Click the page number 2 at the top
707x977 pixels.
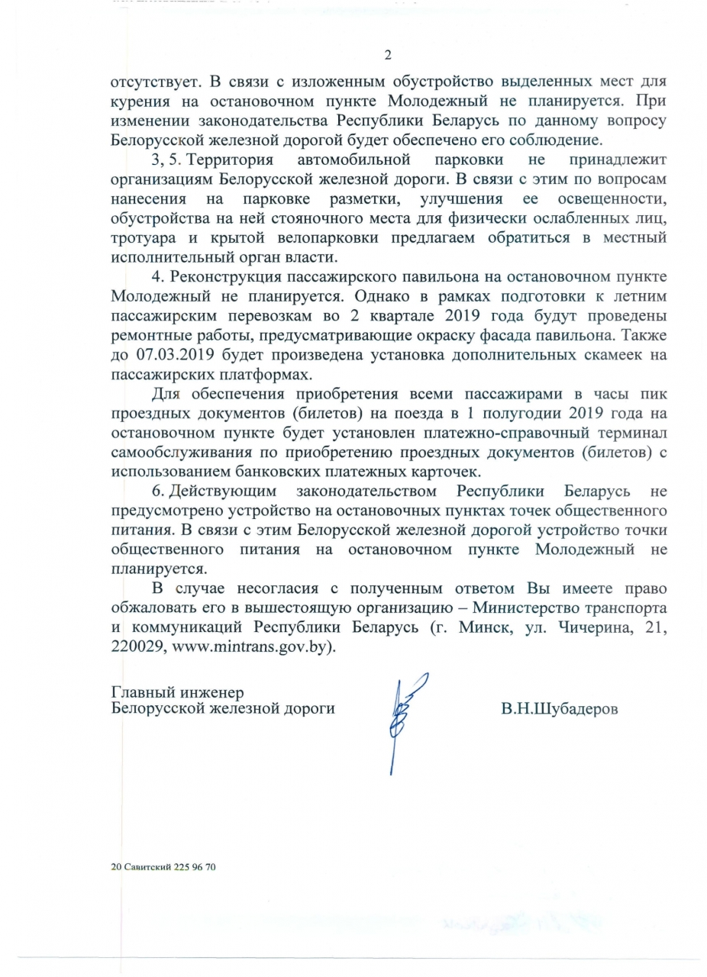point(388,55)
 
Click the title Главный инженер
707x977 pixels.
point(177,692)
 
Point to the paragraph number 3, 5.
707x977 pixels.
point(166,160)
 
